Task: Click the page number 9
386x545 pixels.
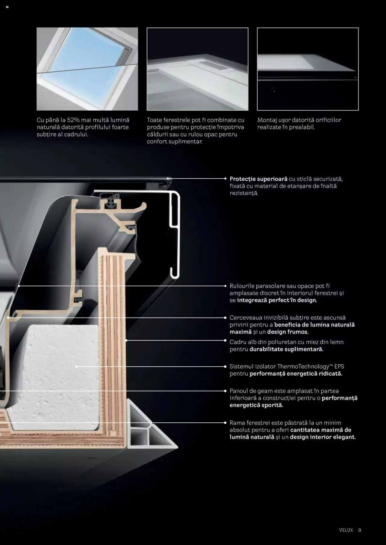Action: coord(359,530)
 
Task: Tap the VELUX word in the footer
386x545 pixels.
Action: coord(346,530)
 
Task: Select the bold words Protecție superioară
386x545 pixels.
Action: coord(258,179)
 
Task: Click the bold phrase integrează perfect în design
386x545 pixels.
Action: coord(277,300)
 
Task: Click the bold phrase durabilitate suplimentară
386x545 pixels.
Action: coord(286,349)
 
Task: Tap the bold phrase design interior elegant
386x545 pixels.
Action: coord(323,437)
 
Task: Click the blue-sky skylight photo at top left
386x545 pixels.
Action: coord(87,69)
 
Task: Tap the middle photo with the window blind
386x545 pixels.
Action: coord(198,69)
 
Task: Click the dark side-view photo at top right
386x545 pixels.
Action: coord(308,69)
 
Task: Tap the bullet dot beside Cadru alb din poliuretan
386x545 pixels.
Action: coord(225,340)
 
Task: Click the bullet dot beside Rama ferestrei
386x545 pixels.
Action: coord(225,423)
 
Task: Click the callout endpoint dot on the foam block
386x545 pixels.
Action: coord(77,366)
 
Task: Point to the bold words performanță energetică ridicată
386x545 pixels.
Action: coord(296,374)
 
